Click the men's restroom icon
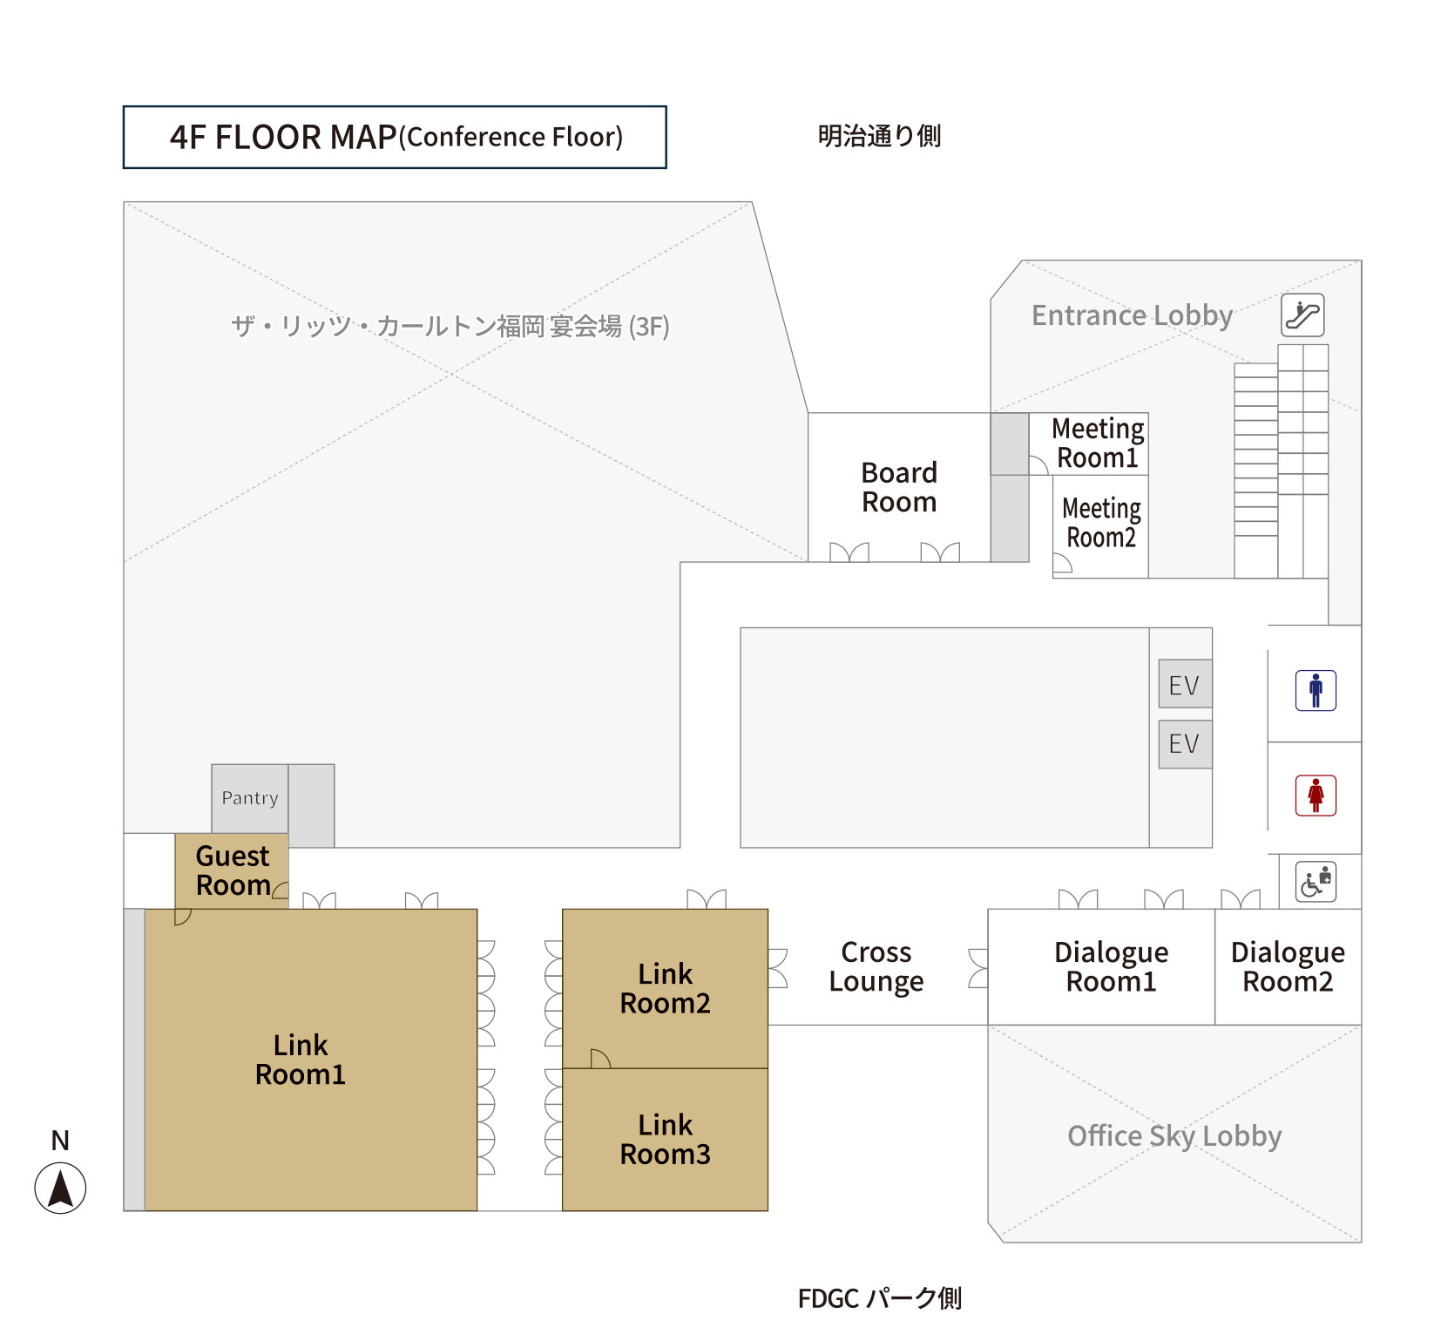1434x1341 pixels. click(x=1316, y=690)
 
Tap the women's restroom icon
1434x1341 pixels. click(x=1316, y=795)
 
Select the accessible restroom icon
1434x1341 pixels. click(x=1316, y=881)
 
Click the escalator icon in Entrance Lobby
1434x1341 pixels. click(x=1302, y=315)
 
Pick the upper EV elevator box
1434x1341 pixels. click(x=1185, y=684)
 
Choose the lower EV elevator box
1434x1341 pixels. click(x=1185, y=743)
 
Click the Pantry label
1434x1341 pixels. click(x=250, y=797)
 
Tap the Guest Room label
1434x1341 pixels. click(x=233, y=870)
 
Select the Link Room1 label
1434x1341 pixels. click(x=301, y=1060)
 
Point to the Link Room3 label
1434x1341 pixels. click(x=665, y=1139)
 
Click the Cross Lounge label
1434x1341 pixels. click(x=876, y=966)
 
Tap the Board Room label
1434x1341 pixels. click(x=899, y=487)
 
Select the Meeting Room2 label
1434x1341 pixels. click(x=1101, y=523)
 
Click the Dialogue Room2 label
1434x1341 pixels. click(x=1288, y=966)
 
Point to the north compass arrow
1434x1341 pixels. click(x=60, y=1188)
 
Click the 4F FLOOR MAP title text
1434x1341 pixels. click(x=396, y=137)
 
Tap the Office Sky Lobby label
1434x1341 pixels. click(x=1174, y=1135)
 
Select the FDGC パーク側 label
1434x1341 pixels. click(x=879, y=1298)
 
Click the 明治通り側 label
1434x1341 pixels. click(x=879, y=136)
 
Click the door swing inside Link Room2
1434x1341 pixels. click(x=599, y=1059)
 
